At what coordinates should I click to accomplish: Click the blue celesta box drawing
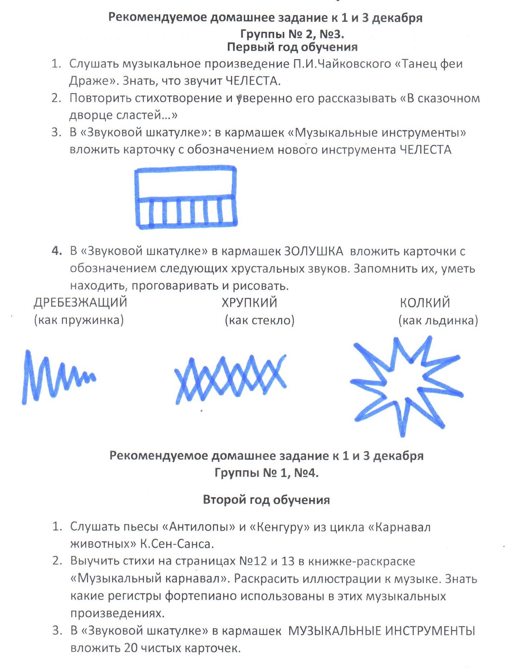pos(186,197)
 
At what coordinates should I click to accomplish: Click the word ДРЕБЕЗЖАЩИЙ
pos(80,302)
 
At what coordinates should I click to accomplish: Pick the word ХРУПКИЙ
pos(249,303)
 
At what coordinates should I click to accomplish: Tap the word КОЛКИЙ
pos(425,303)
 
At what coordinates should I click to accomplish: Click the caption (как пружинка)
pos(79,320)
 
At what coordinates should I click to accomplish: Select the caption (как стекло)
pos(260,320)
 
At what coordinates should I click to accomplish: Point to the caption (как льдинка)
pos(438,320)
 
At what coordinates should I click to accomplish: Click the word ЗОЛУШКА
pos(314,251)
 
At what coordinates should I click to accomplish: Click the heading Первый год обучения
pos(292,47)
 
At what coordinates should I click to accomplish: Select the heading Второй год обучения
pos(266,500)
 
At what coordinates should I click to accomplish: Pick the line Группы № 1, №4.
pos(266,473)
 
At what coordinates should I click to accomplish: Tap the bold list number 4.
pos(56,251)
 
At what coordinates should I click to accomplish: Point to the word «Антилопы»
pos(198,527)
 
